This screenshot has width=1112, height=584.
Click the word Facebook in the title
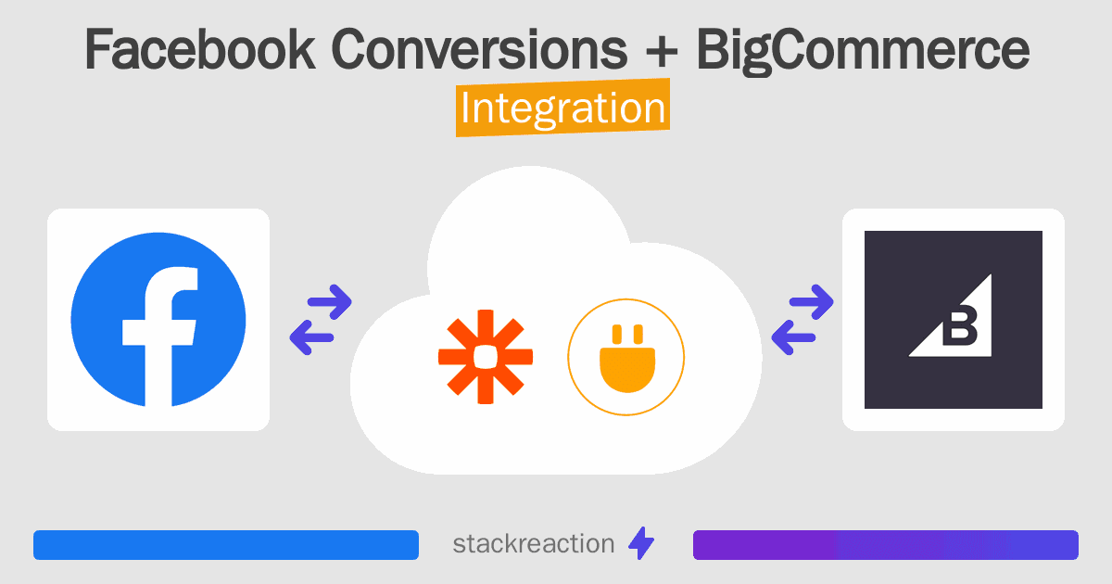click(199, 50)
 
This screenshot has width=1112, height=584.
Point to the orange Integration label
click(562, 109)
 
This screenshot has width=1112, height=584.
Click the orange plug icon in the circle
click(625, 356)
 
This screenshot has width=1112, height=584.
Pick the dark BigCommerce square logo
click(953, 320)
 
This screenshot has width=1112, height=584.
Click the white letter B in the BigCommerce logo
click(961, 324)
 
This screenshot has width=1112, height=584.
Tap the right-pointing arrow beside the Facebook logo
click(330, 299)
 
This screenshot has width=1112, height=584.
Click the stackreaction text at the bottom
click(533, 544)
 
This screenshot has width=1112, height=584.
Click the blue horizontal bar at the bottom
click(226, 545)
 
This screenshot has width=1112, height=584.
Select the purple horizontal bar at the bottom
click(885, 545)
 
